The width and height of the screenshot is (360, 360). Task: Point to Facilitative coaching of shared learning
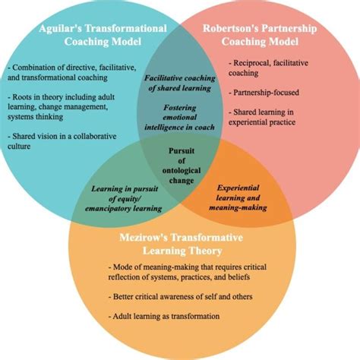[x=179, y=83]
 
